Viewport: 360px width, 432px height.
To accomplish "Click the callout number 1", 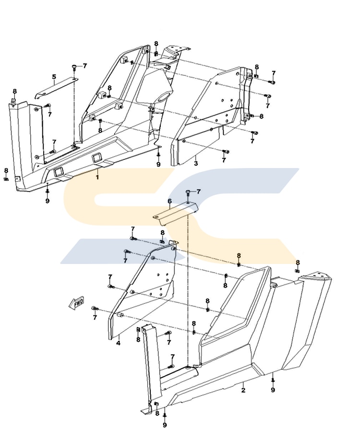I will [x=97, y=177].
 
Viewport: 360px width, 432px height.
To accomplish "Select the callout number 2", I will [x=243, y=390].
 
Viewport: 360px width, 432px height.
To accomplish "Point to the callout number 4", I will [x=118, y=344].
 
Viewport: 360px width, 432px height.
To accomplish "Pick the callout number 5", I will [x=54, y=77].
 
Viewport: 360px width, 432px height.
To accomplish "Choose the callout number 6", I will [x=169, y=201].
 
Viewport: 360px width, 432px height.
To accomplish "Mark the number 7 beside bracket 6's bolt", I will [x=199, y=192].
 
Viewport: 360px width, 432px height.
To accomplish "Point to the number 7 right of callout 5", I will [x=85, y=66].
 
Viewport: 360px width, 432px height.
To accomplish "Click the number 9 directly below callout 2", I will [x=273, y=390].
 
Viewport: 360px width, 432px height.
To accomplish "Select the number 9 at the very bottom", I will [x=165, y=425].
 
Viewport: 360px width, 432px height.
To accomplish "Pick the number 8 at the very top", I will [x=156, y=44].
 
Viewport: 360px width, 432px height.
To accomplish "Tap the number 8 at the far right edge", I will [x=298, y=262].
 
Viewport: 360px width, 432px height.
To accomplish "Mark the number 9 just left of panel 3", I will [x=158, y=165].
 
